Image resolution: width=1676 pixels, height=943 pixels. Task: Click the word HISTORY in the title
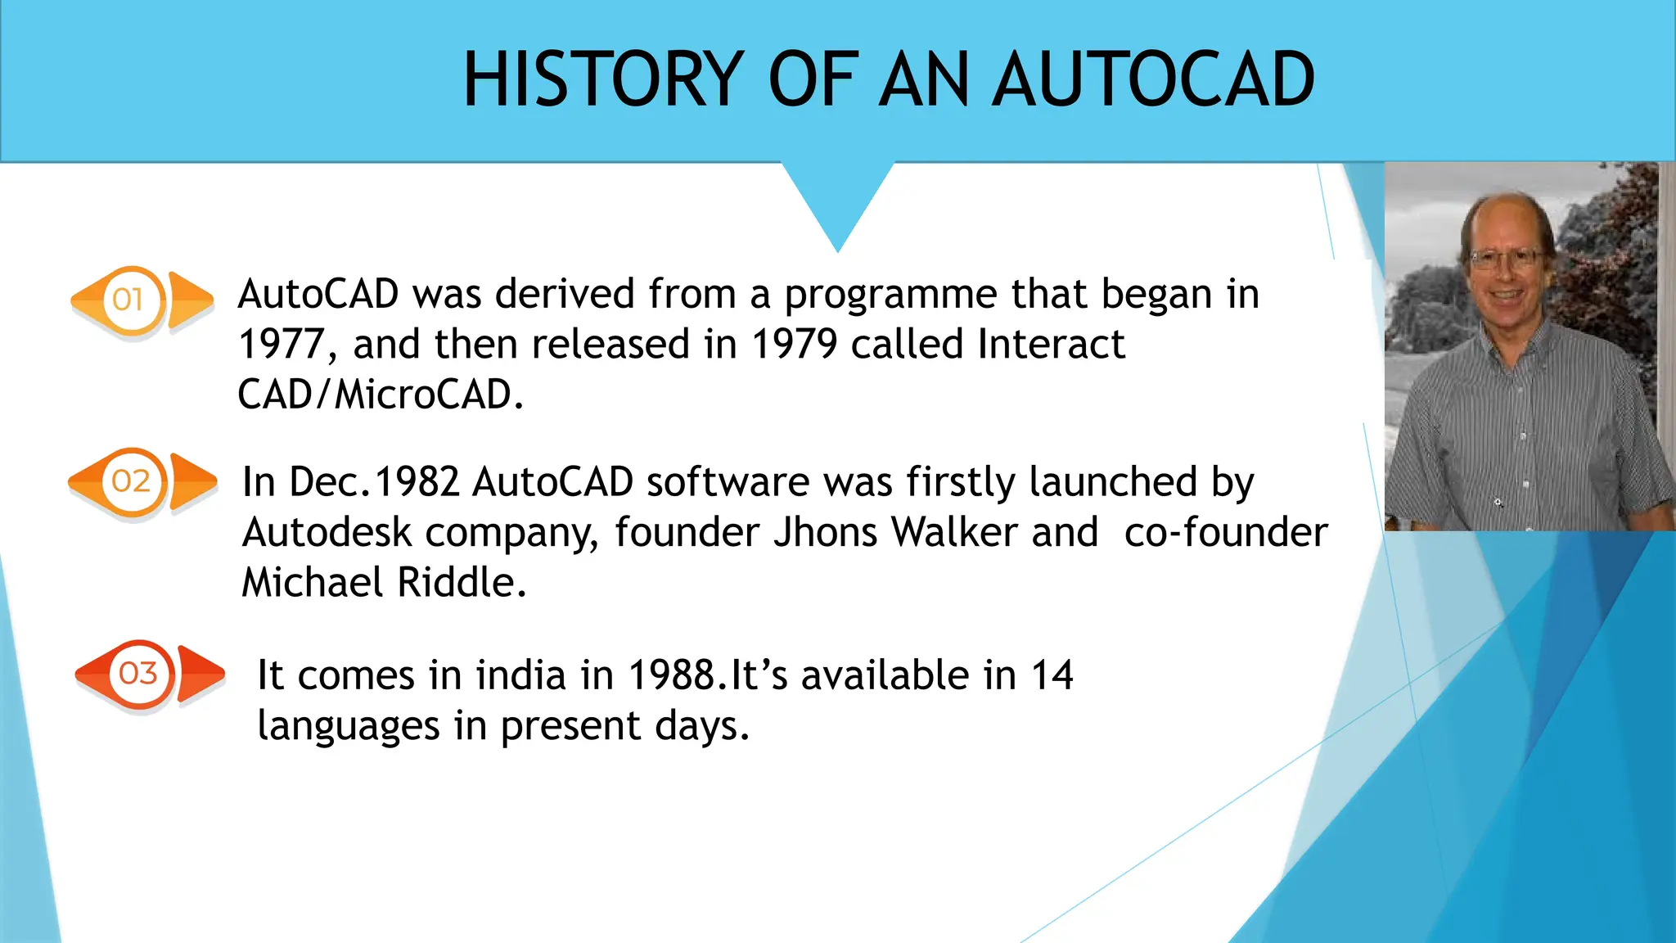coord(604,79)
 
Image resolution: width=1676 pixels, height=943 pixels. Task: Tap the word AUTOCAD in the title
coord(1153,79)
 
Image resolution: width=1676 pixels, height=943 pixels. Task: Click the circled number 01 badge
coord(129,300)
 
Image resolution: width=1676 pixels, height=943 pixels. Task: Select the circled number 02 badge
coord(132,481)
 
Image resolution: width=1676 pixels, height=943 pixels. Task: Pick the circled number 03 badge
coord(138,674)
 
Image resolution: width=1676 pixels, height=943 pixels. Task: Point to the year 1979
coord(794,345)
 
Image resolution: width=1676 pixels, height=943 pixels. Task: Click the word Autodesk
coord(327,533)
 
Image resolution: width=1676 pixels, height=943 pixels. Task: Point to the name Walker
coord(954,533)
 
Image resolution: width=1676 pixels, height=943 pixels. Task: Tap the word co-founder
coord(1226,533)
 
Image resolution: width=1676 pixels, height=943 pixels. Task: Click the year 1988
coord(672,676)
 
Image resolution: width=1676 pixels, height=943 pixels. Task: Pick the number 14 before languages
coord(1052,676)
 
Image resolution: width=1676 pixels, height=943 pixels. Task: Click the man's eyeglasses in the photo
coord(1505,260)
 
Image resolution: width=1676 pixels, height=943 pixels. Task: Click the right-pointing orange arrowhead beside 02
coord(192,481)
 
